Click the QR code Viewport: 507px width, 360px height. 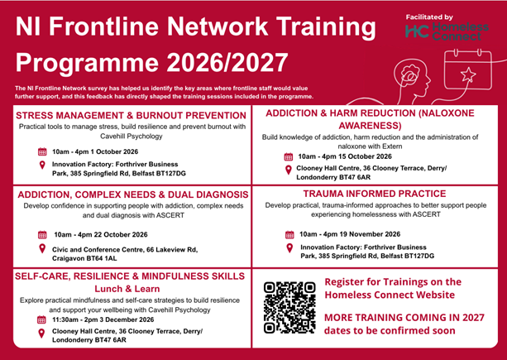(x=289, y=308)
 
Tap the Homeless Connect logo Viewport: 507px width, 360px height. (x=447, y=31)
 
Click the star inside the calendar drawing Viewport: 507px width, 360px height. (x=468, y=74)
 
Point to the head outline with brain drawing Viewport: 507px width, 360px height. (x=412, y=79)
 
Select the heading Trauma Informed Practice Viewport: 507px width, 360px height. (x=375, y=194)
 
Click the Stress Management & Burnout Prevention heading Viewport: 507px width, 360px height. (x=131, y=116)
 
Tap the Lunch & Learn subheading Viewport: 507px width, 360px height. (x=127, y=289)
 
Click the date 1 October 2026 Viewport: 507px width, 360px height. (x=117, y=151)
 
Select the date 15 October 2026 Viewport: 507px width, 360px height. (x=368, y=156)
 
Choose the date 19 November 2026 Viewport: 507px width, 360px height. (x=375, y=234)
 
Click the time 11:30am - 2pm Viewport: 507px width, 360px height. (x=73, y=320)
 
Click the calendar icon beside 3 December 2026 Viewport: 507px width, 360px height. (x=41, y=320)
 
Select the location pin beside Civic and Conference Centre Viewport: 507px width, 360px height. (x=42, y=249)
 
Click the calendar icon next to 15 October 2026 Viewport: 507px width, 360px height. (x=289, y=157)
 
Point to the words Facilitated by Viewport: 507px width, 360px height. (x=429, y=17)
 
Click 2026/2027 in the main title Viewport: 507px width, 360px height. (x=227, y=62)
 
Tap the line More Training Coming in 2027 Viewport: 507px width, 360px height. (x=404, y=317)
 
